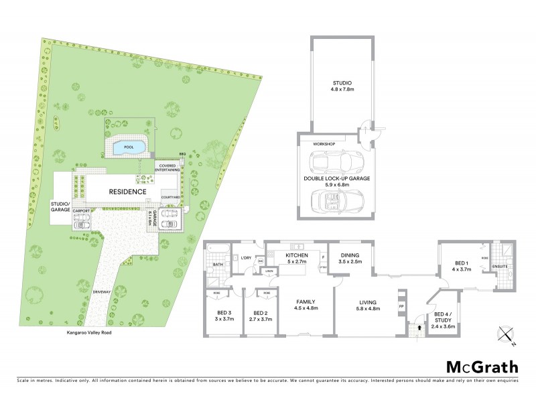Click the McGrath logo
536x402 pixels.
(482, 366)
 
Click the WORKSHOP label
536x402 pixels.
(324, 144)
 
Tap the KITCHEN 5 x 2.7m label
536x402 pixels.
(296, 259)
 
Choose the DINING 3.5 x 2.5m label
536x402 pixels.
(350, 258)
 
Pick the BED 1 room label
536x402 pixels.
(462, 265)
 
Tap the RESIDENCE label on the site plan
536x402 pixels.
(128, 192)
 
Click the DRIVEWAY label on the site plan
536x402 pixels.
(102, 293)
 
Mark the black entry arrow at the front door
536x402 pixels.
(419, 328)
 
